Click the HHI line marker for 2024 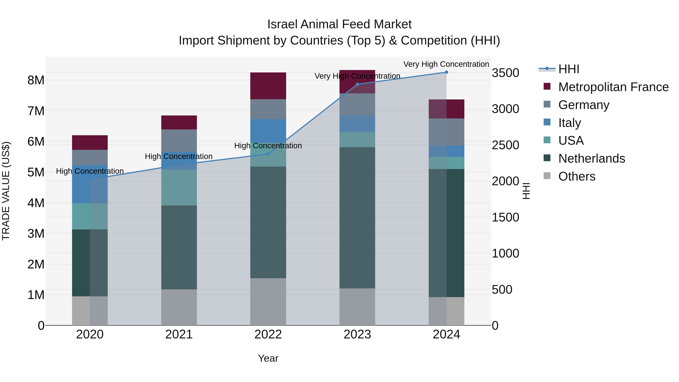click(x=446, y=72)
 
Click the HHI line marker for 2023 click(x=357, y=84)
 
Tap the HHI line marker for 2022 click(x=268, y=154)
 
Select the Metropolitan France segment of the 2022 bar click(x=268, y=86)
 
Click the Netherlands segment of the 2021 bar click(x=179, y=247)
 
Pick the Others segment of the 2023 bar click(x=357, y=307)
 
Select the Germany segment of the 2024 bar click(x=446, y=132)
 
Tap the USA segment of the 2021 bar click(x=179, y=188)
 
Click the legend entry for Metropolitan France click(x=613, y=87)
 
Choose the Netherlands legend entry click(x=591, y=158)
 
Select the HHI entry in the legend click(x=568, y=69)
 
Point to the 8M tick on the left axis click(x=36, y=80)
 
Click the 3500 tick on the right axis click(x=505, y=73)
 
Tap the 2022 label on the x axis click(x=268, y=334)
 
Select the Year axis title click(x=268, y=358)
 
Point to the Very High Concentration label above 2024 click(x=446, y=64)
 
